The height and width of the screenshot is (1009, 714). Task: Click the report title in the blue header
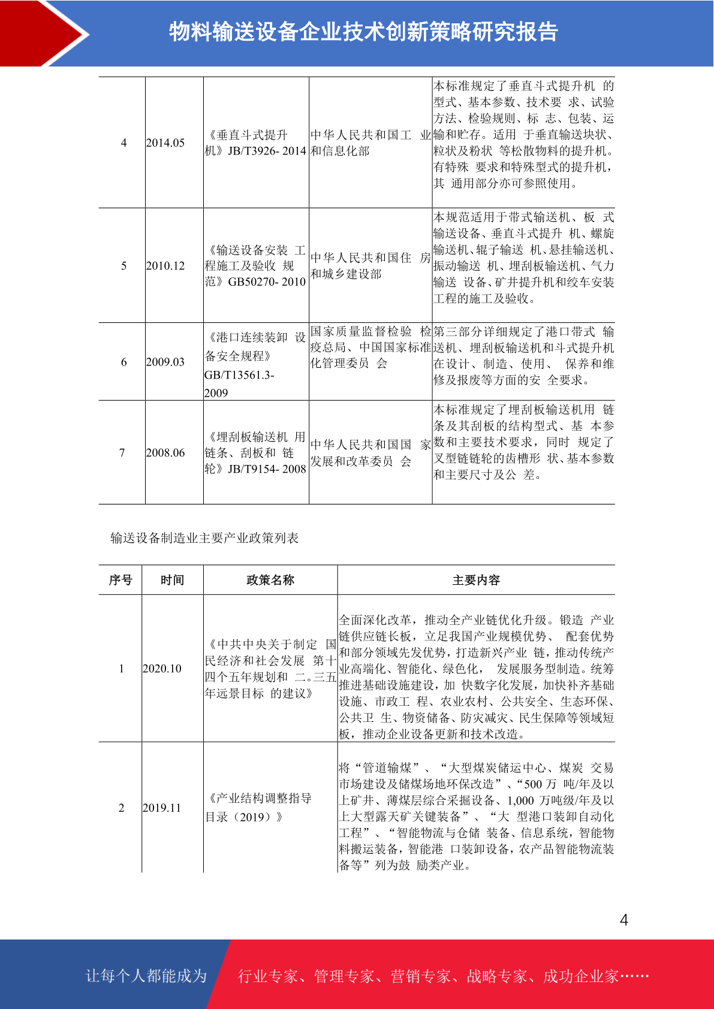(x=363, y=32)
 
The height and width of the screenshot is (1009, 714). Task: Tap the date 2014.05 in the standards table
(x=165, y=143)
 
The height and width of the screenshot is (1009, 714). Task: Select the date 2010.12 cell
(x=165, y=265)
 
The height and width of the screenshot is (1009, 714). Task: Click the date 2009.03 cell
(x=165, y=362)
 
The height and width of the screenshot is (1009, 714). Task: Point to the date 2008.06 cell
(x=165, y=453)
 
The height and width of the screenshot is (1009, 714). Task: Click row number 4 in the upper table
(x=123, y=143)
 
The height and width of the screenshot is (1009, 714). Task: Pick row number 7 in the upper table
(x=122, y=453)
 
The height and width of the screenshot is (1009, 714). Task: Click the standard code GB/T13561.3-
(x=239, y=375)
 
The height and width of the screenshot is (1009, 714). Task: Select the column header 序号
(x=120, y=580)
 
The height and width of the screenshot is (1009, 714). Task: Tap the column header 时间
(x=172, y=580)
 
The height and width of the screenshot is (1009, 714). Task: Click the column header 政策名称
(x=270, y=580)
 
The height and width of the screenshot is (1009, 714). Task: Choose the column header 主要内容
(x=476, y=580)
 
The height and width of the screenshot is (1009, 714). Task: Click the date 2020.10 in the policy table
(x=162, y=669)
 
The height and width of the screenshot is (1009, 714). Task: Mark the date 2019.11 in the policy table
(x=162, y=808)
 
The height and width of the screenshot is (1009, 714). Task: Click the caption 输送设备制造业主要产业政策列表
(x=204, y=538)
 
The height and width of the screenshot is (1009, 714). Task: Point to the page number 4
(x=624, y=920)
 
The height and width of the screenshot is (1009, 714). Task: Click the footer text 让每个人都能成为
(x=146, y=976)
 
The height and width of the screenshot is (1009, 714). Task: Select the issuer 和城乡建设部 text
(x=346, y=274)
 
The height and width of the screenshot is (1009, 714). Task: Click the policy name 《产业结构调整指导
(x=258, y=799)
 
